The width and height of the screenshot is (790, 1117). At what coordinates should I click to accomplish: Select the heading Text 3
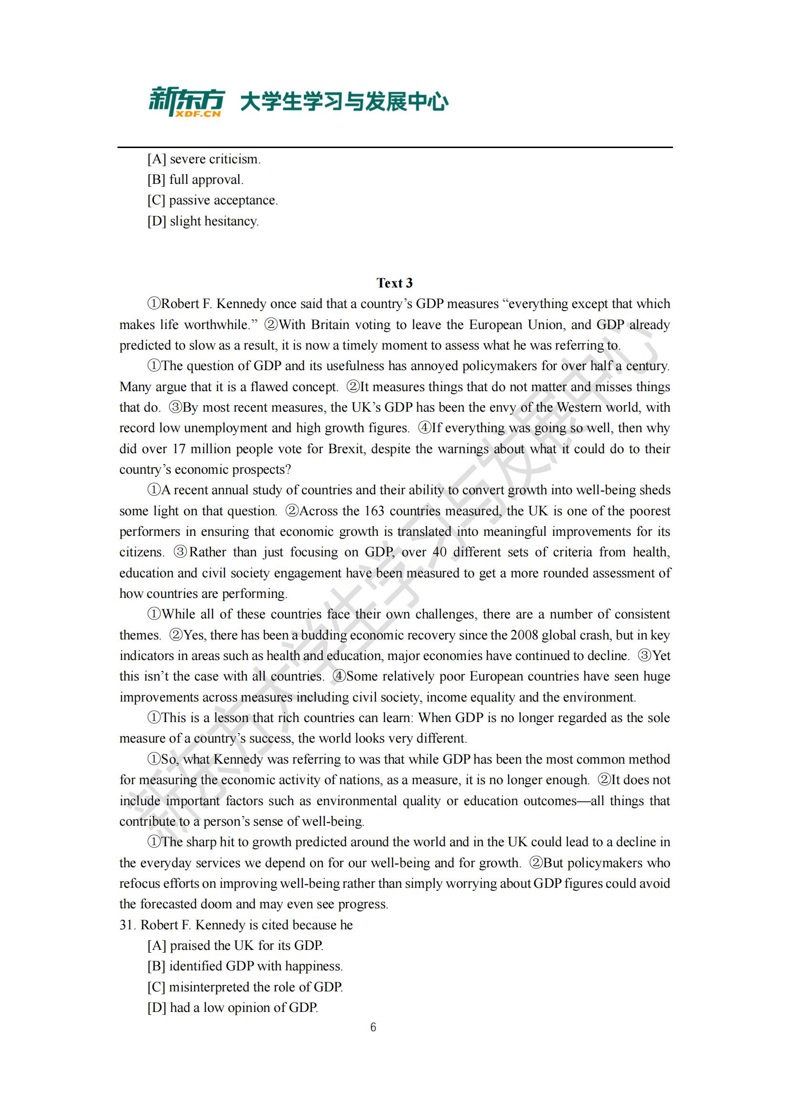(x=395, y=283)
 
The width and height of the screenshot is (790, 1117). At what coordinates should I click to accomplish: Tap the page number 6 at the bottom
(x=373, y=1027)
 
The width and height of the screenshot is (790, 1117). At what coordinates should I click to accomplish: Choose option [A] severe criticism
(x=204, y=159)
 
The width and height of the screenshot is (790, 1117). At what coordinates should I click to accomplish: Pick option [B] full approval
(x=195, y=180)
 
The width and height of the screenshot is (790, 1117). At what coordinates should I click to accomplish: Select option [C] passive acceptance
(x=213, y=201)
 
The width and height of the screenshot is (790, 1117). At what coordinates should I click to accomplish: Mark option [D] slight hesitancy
(x=203, y=222)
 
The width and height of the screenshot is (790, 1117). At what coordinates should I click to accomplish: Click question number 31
(x=128, y=925)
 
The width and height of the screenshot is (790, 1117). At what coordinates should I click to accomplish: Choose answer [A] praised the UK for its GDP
(x=235, y=945)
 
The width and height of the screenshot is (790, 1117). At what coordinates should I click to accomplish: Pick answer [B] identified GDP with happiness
(x=245, y=966)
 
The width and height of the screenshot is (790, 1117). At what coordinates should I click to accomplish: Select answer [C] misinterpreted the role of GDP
(x=245, y=987)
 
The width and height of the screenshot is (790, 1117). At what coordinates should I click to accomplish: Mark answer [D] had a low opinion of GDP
(x=233, y=1007)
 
